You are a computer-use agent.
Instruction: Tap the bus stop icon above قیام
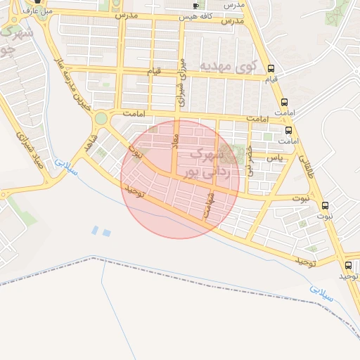[x=272, y=70]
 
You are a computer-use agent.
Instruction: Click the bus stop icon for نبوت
[x=325, y=205]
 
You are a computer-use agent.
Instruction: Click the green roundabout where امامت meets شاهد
[x=101, y=118]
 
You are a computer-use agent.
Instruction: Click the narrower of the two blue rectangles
[x=95, y=230]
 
